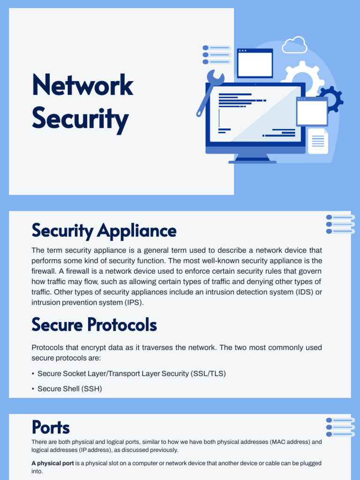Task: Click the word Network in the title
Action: coord(82,85)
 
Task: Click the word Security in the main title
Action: coord(80,118)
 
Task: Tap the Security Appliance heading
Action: coord(104,231)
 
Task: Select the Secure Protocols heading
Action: coord(94,324)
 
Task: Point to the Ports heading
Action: coord(51,427)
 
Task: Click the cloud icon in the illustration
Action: coord(295,45)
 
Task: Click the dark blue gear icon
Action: coord(331,98)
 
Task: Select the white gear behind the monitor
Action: coord(302,75)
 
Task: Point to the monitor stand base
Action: coord(252,161)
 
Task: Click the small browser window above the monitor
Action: coord(255,63)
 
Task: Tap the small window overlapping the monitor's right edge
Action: coord(312,112)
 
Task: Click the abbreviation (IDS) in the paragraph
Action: coord(302,292)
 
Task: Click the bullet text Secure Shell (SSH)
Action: coord(69,389)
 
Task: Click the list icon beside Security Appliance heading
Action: coord(340,224)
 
